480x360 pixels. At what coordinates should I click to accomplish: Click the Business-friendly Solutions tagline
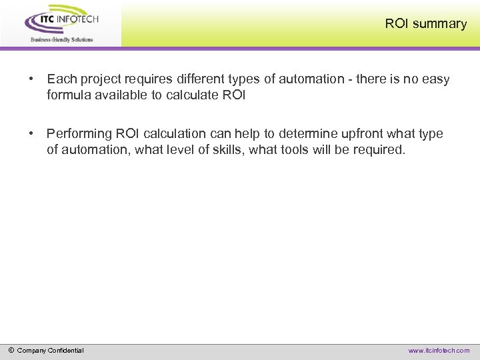[61, 39]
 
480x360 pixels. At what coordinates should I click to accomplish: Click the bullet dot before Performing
[31, 134]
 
